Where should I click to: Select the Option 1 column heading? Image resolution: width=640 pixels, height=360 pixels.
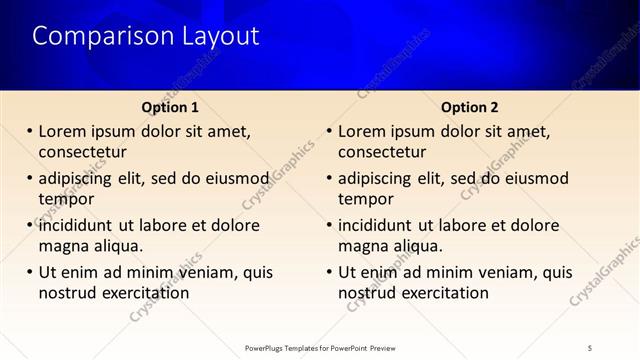(170, 107)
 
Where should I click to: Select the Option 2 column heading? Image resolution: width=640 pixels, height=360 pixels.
(470, 107)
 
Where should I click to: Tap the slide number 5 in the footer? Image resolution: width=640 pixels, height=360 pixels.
(590, 347)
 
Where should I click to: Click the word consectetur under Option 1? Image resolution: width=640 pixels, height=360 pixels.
(83, 153)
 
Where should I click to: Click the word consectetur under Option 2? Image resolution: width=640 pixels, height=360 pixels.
(383, 153)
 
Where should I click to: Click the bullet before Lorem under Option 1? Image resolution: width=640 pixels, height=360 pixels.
(30, 131)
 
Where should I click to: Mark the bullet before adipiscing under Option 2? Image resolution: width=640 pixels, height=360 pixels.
(329, 178)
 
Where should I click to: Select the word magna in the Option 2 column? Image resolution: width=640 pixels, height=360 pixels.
(363, 246)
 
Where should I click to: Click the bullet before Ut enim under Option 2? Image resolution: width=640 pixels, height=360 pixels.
(329, 272)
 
